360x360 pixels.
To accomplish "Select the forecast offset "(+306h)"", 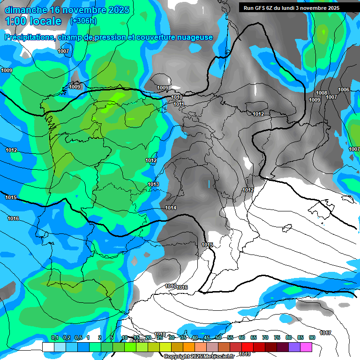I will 83,21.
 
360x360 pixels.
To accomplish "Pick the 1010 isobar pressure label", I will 177,97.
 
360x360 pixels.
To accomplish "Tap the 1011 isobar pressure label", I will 179,104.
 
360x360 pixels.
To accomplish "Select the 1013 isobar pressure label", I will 153,184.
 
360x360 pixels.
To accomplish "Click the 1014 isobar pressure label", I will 171,208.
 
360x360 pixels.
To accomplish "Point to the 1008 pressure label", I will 322,93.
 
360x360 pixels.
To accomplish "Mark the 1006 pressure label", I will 344,90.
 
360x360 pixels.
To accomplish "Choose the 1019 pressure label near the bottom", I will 244,354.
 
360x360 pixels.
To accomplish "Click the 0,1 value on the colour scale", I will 54,337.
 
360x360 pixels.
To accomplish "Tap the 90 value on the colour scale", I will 312,337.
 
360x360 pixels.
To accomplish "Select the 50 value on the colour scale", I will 218,337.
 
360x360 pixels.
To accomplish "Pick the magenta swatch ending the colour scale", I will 306,347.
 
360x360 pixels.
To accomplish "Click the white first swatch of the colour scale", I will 48,347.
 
